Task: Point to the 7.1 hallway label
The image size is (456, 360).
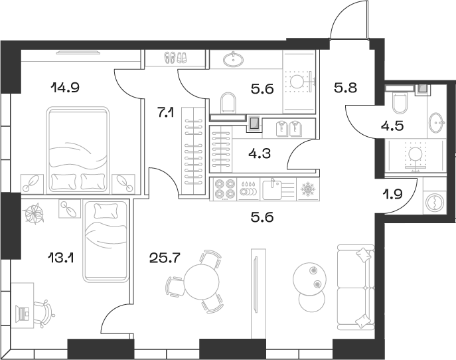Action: [x=165, y=113]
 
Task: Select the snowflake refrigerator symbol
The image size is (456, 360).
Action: [x=307, y=190]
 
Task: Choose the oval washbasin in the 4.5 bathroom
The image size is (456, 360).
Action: [x=437, y=123]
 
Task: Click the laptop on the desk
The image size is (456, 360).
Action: [x=25, y=312]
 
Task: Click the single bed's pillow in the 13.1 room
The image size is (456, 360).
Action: [x=105, y=211]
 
